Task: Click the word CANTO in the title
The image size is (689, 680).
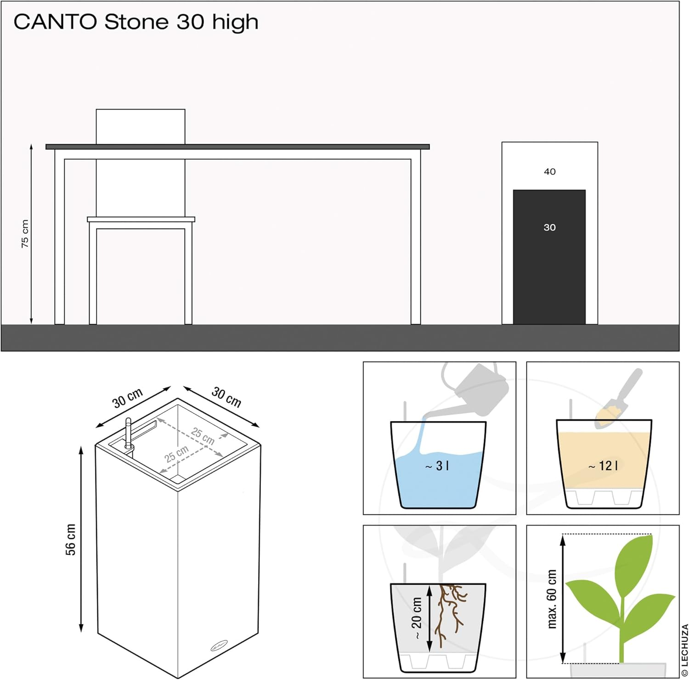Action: click(55, 22)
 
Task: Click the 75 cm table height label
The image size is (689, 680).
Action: click(25, 234)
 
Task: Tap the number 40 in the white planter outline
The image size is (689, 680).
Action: click(549, 172)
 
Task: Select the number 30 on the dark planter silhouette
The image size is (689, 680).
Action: click(549, 227)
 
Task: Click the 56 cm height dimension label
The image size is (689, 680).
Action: click(70, 540)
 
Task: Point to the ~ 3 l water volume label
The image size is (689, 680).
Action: click(437, 466)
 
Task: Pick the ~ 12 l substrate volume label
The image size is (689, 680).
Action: click(603, 466)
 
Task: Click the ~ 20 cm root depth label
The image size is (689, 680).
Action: click(416, 618)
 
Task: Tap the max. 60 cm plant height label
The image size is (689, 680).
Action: click(552, 599)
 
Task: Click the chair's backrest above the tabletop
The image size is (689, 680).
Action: click(141, 126)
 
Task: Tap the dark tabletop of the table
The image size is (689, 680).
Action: click(237, 147)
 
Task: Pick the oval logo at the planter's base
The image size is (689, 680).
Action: click(219, 646)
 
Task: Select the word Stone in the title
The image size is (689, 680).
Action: click(136, 22)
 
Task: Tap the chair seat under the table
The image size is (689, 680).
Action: click(141, 219)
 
